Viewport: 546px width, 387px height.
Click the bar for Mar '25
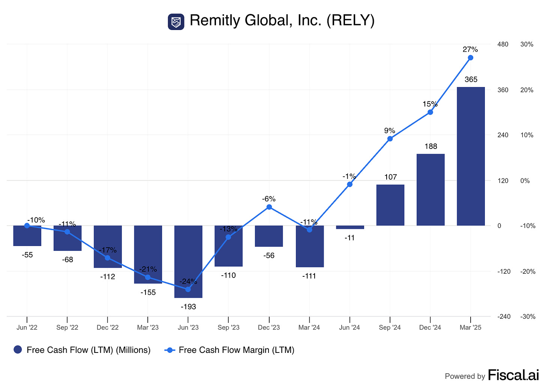point(471,156)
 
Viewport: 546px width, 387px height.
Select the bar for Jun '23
point(188,261)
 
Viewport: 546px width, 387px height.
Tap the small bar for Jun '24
point(350,227)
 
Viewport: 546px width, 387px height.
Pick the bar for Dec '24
point(430,189)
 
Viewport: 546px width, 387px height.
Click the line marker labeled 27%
point(471,58)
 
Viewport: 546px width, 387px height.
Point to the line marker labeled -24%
point(188,289)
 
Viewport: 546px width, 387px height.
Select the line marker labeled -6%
point(269,207)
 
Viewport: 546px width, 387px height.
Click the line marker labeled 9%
point(390,139)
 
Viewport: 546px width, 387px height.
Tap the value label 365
point(471,79)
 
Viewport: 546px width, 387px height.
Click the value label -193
point(188,307)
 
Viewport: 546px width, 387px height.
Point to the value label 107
point(390,177)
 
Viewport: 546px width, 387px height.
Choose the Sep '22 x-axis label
point(67,327)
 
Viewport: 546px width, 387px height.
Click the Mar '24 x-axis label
point(309,327)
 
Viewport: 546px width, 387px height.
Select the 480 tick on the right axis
point(502,44)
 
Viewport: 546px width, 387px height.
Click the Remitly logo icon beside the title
point(176,22)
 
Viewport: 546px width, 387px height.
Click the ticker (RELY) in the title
point(350,21)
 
